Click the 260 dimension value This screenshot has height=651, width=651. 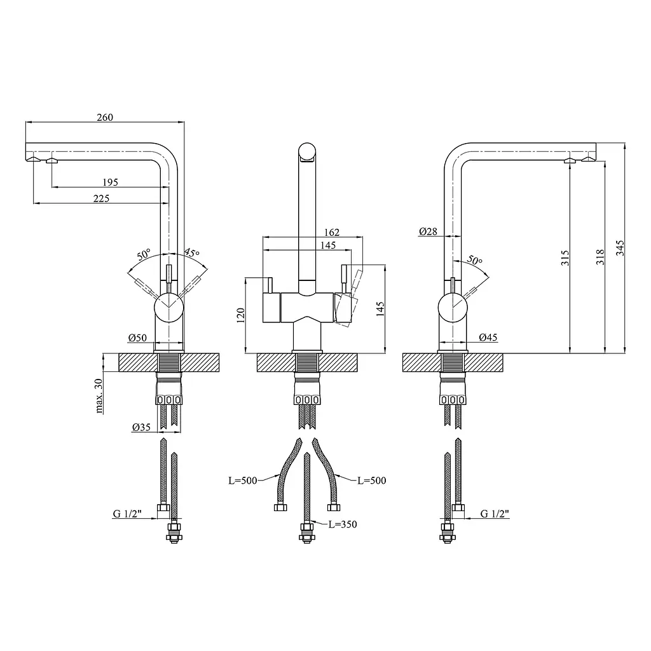(105, 118)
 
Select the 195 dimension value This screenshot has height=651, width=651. (110, 182)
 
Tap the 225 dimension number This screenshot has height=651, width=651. (101, 198)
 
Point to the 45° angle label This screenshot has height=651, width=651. (192, 252)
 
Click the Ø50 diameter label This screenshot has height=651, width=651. (137, 338)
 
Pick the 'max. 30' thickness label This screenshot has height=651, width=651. (99, 396)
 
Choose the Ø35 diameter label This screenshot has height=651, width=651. (141, 427)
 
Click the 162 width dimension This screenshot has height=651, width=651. (332, 232)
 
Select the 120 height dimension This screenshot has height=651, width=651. (240, 315)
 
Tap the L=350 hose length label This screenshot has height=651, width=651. (343, 524)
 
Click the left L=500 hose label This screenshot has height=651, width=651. (243, 481)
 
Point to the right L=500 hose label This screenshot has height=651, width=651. (372, 481)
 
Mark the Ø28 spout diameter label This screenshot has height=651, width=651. (428, 231)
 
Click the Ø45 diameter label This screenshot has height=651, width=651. (488, 338)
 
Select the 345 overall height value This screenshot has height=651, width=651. (620, 248)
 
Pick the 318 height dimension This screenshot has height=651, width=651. (600, 257)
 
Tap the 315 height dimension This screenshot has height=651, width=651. (565, 258)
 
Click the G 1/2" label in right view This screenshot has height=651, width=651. (495, 514)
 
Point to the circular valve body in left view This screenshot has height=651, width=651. (168, 307)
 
